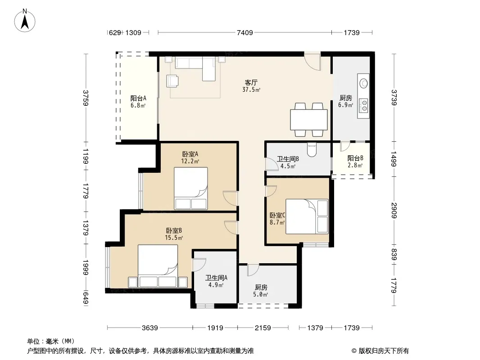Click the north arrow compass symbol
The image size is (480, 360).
pos(25,21)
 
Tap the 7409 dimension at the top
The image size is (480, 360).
pos(245,32)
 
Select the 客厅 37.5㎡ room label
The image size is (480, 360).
pos(251,86)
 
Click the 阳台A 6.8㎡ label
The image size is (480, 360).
pos(138,102)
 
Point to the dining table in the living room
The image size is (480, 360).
pos(309,120)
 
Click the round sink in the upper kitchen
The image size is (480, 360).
pos(364,83)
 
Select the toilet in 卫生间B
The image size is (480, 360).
pos(312,150)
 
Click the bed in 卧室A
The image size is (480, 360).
pos(191,189)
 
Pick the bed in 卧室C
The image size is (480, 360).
pos(307,216)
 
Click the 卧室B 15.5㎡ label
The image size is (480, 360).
pos(174,234)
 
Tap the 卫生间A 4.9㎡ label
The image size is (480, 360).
pos(216,281)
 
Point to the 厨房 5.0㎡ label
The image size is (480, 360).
pos(261,291)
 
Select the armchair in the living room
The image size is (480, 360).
pos(172,81)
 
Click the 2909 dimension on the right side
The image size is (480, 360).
pos(394,211)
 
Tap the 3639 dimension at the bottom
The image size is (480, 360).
pos(149,328)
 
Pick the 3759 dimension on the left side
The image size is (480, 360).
pos(86,98)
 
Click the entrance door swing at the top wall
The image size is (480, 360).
pos(312,61)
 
